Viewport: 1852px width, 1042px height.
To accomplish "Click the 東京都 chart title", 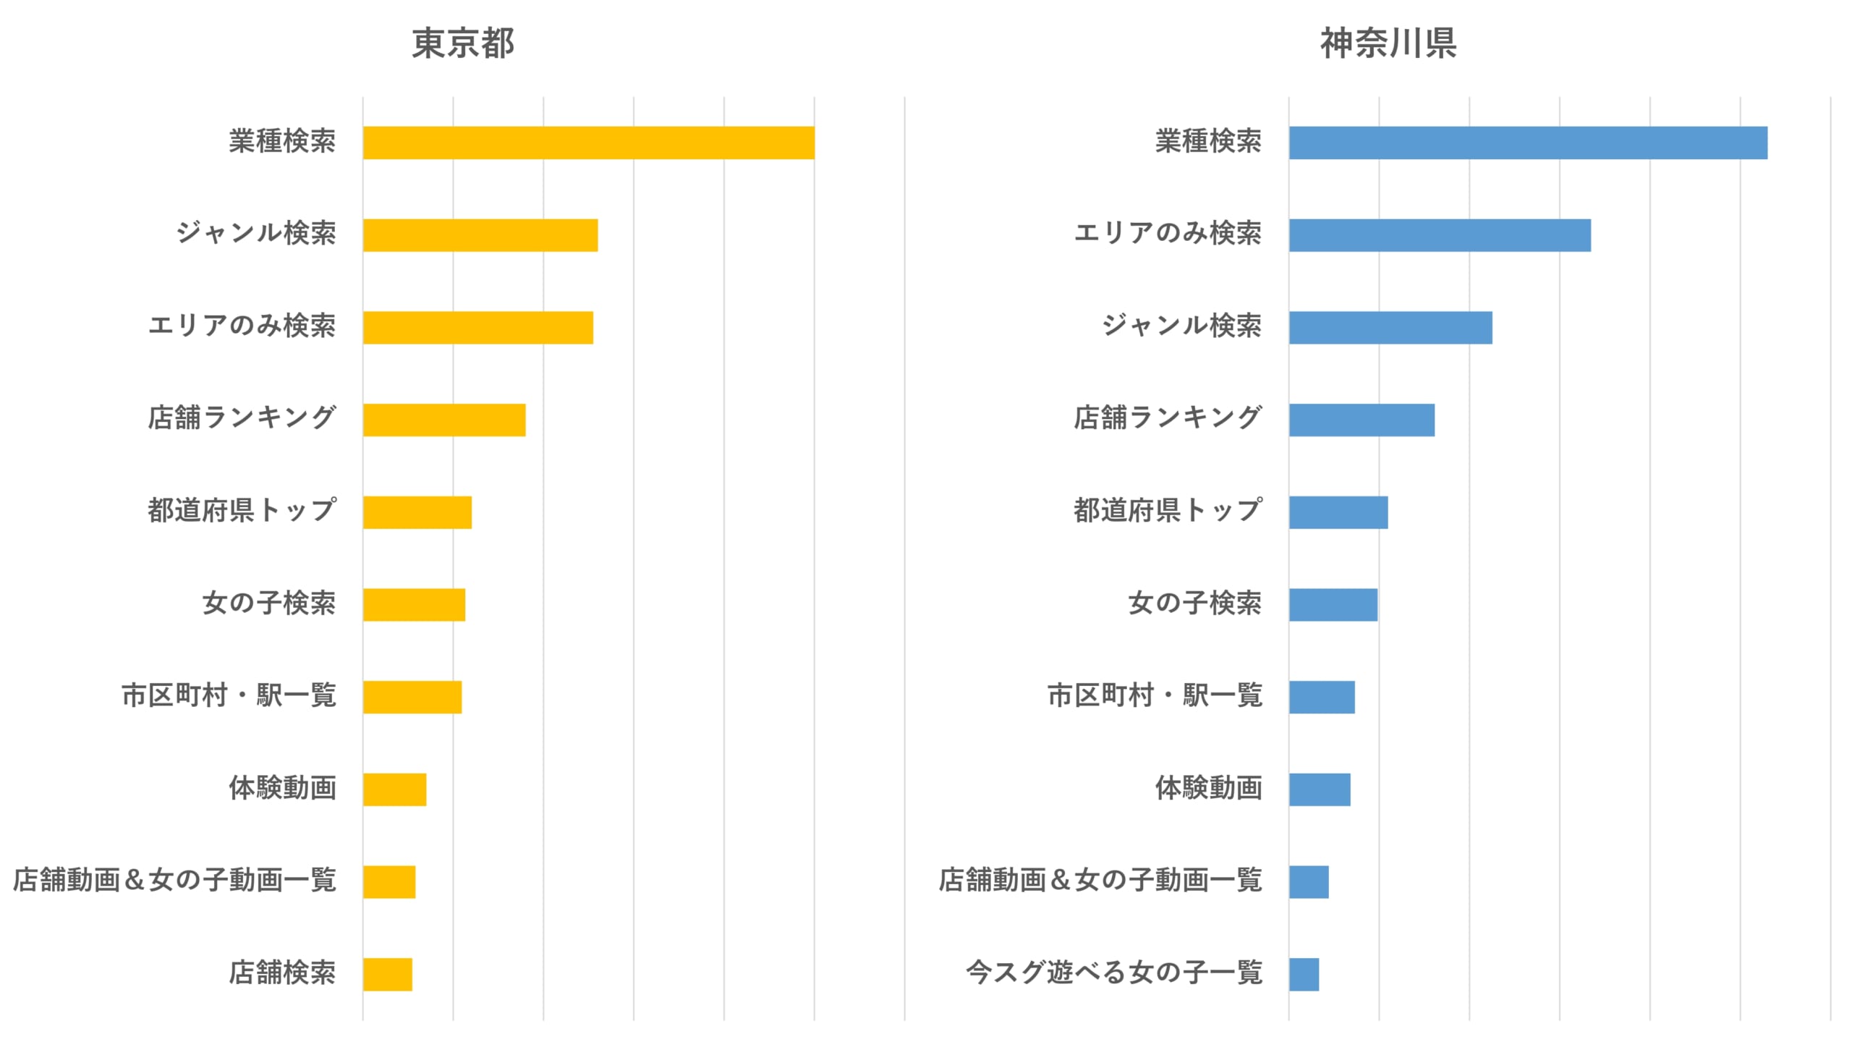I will pos(463,43).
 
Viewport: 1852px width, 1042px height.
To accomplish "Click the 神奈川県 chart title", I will pos(1388,43).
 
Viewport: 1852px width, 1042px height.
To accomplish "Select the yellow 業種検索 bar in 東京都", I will pos(588,143).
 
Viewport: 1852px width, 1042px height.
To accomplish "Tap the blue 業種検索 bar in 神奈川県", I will pos(1527,143).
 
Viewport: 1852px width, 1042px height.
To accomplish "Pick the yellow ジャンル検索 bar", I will pos(480,235).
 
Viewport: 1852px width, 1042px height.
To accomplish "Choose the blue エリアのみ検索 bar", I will pos(1439,235).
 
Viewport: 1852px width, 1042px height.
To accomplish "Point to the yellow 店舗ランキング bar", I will pos(444,420).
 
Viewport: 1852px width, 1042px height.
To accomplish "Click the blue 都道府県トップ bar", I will pos(1338,512).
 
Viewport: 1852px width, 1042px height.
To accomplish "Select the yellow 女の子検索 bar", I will pos(414,605).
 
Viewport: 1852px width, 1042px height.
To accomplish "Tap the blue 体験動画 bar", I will pos(1319,789).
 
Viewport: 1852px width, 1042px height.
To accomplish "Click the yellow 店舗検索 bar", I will pos(388,974).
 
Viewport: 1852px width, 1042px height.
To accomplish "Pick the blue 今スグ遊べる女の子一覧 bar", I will pos(1304,974).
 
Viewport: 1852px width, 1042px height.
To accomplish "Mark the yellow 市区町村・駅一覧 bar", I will pos(412,697).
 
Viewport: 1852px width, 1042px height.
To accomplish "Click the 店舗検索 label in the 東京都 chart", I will pos(282,973).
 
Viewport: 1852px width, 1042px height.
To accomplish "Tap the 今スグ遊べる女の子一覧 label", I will pos(1113,973).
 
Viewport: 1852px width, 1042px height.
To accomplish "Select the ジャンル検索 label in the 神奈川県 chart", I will pos(1181,326).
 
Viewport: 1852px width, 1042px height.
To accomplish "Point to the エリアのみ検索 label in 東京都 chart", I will pos(242,326).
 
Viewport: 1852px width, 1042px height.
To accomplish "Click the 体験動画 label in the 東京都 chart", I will pos(282,788).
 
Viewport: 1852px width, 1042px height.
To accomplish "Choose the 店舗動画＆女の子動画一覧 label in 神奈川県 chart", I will pos(1100,881).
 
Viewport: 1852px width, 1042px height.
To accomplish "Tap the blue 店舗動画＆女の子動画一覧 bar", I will pos(1308,882).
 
